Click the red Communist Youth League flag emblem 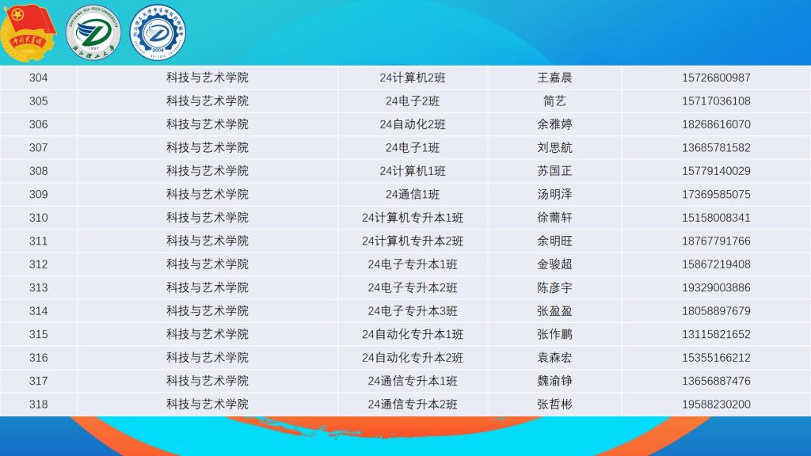29,32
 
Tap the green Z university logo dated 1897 93,32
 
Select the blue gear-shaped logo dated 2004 158,32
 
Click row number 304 38,78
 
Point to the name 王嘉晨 554,78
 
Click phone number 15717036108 716,101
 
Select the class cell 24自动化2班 412,124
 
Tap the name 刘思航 554,147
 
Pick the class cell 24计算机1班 412,171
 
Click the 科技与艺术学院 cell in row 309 208,195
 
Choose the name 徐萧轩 554,218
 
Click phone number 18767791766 716,241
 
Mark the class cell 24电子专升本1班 412,264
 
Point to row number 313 38,287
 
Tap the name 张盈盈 554,310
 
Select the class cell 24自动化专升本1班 412,334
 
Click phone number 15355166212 716,357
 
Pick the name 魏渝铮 554,381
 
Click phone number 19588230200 716,405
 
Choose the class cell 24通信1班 412,195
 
